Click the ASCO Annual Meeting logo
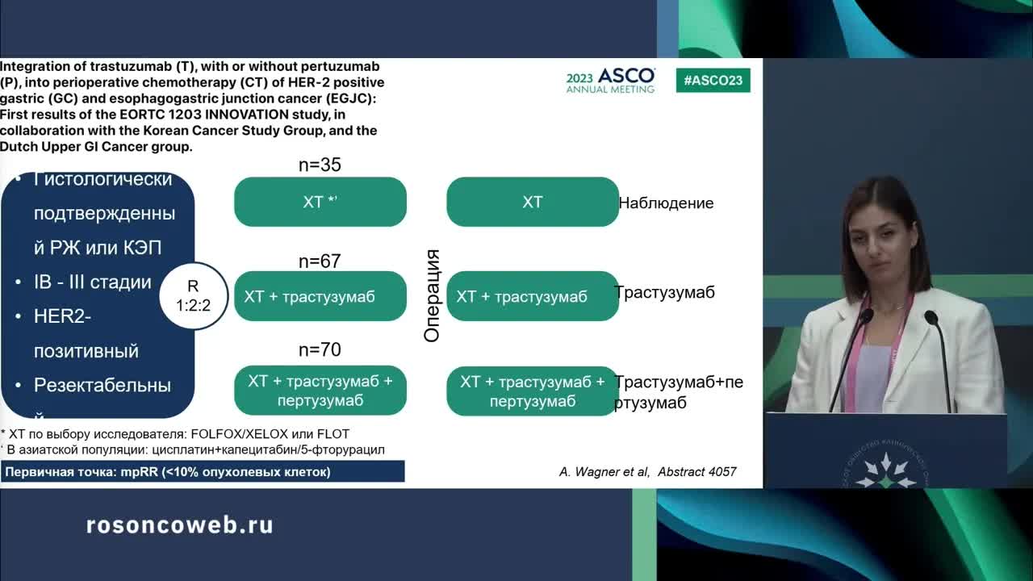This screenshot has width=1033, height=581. point(610,81)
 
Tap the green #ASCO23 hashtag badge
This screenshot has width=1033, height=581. point(713,80)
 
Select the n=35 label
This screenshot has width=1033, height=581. point(320,165)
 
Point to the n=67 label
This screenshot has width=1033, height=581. point(320,261)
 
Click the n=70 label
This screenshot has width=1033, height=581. point(320,349)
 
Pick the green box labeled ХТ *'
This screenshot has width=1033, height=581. point(320,202)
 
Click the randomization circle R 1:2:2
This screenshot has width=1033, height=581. point(193,296)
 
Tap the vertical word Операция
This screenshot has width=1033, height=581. point(433,295)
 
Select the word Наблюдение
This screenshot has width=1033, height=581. point(666,203)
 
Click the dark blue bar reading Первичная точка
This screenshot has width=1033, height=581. point(203,472)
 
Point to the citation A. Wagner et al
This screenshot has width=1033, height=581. point(647,472)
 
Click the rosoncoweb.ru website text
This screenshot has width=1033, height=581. point(180,525)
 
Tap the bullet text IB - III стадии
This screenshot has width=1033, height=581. point(93,282)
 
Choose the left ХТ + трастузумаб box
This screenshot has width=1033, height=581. point(320,296)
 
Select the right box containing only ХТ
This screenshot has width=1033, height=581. point(533,202)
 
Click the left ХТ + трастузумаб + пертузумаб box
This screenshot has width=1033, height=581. point(320,391)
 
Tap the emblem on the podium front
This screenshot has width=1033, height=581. point(885,469)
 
